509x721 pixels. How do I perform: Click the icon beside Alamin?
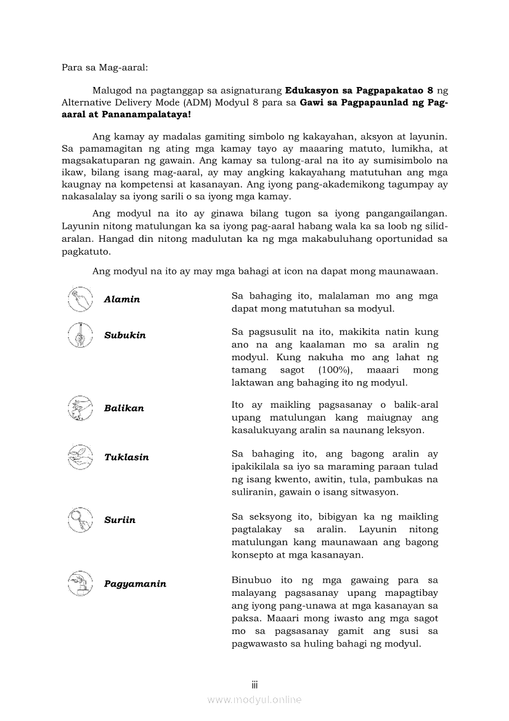[79, 299]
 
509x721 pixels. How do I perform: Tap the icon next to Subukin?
[79, 335]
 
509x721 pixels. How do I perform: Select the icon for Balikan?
[79, 408]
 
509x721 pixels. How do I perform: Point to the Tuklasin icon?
[79, 457]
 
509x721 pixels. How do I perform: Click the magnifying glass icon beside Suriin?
[79, 519]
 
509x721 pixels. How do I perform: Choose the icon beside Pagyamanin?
[79, 583]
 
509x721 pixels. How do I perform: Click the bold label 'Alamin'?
[122, 300]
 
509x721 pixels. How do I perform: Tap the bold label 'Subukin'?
[125, 336]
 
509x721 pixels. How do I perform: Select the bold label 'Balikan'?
[124, 408]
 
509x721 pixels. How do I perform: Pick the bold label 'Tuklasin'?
[126, 458]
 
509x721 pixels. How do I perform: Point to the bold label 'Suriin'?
[120, 520]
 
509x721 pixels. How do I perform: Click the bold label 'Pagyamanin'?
[135, 584]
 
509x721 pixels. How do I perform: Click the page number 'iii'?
[254, 685]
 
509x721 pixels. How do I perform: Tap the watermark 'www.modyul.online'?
[254, 700]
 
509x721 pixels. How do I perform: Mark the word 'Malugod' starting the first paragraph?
[111, 90]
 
